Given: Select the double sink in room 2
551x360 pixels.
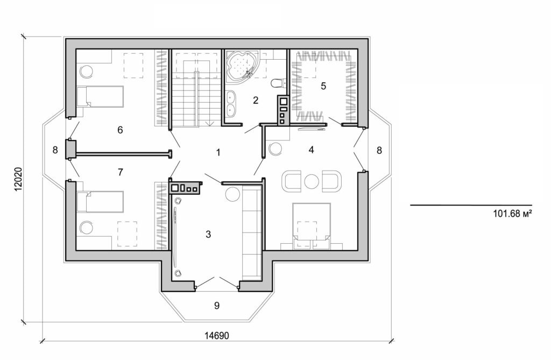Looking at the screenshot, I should point(231,104).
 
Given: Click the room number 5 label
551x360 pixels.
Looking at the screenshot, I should point(323,86).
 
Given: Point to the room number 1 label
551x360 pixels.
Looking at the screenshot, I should point(218,152).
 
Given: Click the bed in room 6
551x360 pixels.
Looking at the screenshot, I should point(100,96).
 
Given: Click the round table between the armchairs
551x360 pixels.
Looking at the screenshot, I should point(310,181).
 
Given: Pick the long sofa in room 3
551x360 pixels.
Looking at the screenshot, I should point(251,232).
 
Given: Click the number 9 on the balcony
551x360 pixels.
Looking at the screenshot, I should point(217,306).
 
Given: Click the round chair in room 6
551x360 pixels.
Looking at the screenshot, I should point(86,70).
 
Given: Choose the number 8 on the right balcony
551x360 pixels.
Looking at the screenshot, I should point(379,151).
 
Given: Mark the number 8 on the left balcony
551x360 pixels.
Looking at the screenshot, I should point(55,150).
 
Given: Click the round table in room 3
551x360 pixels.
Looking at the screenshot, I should point(233,194).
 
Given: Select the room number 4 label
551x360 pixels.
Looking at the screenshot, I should point(311,150).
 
